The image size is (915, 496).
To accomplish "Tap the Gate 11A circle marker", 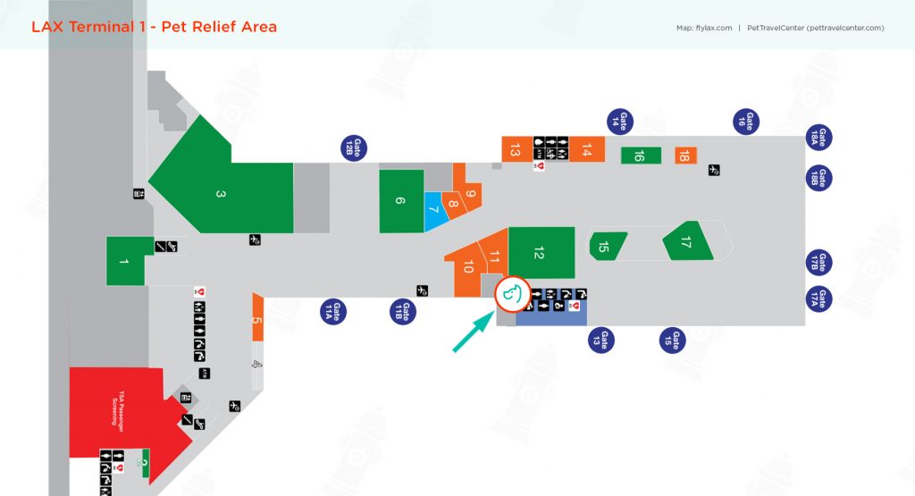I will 334,311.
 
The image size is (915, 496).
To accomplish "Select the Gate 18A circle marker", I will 819,137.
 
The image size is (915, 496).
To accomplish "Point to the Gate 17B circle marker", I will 819,262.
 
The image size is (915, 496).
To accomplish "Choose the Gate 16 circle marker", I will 746,122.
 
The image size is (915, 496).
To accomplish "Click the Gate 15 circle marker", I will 676,340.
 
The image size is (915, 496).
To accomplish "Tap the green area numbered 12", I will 540,253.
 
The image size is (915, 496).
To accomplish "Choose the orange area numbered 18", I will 685,156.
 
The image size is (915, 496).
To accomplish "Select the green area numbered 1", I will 125,261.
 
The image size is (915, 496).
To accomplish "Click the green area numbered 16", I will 640,156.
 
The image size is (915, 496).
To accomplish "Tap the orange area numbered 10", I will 466,269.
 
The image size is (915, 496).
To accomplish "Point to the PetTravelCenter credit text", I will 814,28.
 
